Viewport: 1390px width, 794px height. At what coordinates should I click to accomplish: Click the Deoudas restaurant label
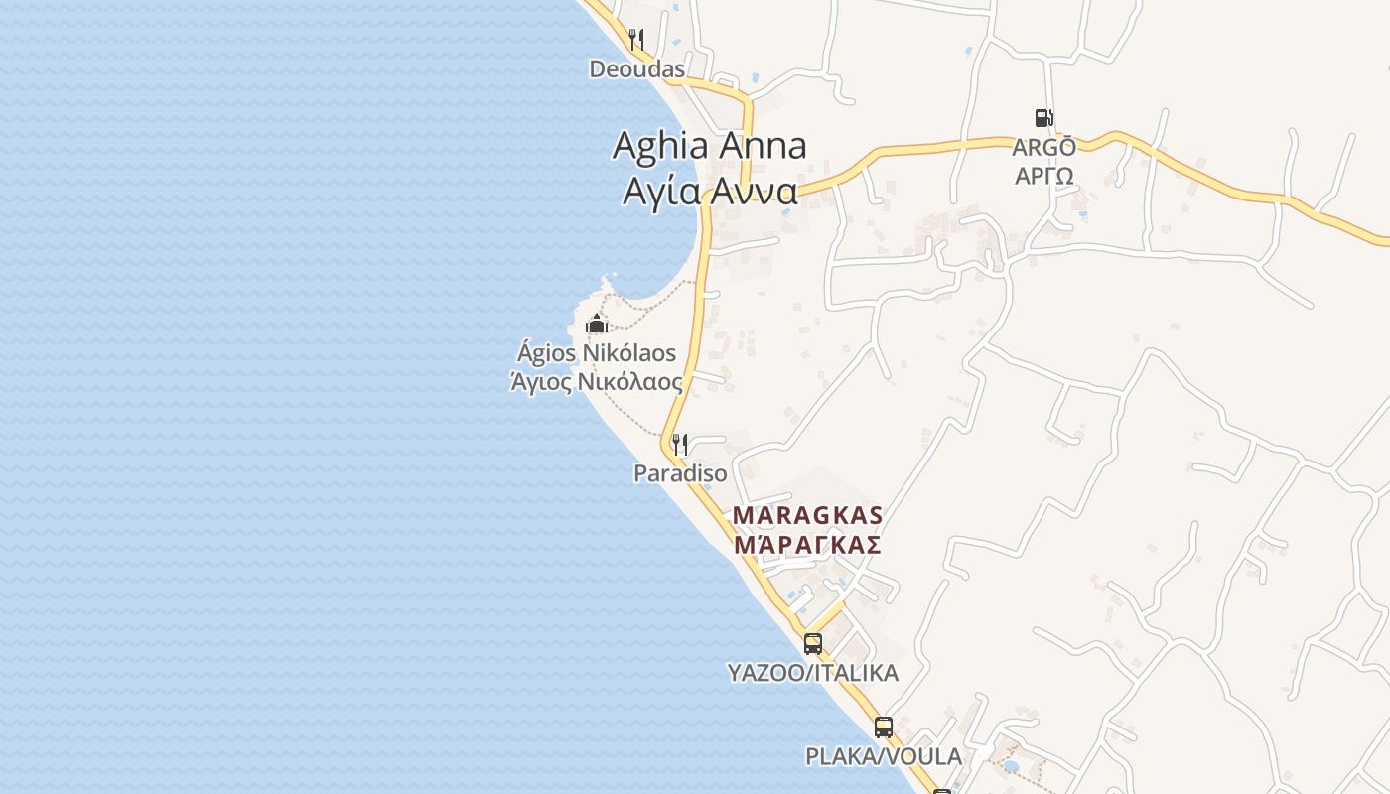pyautogui.click(x=636, y=69)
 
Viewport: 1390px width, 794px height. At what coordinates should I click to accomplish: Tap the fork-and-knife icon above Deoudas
pyautogui.click(x=636, y=40)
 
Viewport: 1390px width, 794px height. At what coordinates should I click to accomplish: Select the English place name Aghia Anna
pyautogui.click(x=709, y=146)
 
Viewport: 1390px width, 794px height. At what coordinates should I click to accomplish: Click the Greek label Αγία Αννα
pyautogui.click(x=709, y=191)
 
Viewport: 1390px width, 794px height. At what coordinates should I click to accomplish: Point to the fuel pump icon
pyautogui.click(x=1043, y=118)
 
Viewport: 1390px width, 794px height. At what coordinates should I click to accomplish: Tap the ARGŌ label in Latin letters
pyautogui.click(x=1043, y=148)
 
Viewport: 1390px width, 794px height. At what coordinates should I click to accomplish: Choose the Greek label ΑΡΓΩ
pyautogui.click(x=1043, y=175)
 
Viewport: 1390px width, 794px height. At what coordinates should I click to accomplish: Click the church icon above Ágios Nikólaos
pyautogui.click(x=596, y=324)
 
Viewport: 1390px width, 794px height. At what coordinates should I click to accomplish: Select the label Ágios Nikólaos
pyautogui.click(x=596, y=353)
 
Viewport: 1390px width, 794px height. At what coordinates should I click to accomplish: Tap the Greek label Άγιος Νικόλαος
pyautogui.click(x=596, y=382)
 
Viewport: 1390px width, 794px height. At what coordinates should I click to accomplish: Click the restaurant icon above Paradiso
pyautogui.click(x=680, y=443)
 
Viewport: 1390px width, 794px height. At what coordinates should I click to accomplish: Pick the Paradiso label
pyautogui.click(x=680, y=473)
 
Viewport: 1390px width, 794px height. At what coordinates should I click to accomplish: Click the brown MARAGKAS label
pyautogui.click(x=807, y=515)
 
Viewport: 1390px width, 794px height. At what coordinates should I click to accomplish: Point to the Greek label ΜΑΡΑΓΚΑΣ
pyautogui.click(x=807, y=544)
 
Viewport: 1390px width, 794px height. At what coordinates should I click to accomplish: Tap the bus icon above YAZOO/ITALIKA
pyautogui.click(x=813, y=643)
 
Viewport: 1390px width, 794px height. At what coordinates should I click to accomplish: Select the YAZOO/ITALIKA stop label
pyautogui.click(x=813, y=673)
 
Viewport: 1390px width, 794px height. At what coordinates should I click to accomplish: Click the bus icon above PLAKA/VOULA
pyautogui.click(x=884, y=727)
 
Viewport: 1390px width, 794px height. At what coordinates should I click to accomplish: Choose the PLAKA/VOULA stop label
pyautogui.click(x=884, y=756)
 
